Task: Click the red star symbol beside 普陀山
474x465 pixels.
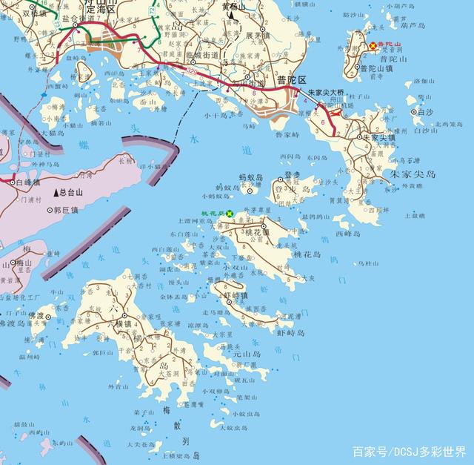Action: click(373, 46)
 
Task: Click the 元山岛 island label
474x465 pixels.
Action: click(247, 354)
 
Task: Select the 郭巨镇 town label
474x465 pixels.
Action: click(67, 210)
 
